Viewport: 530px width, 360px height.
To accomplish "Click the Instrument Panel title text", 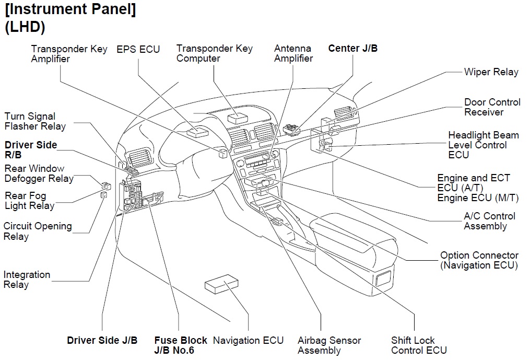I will [x=70, y=10].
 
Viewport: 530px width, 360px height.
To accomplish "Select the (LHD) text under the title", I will [x=25, y=27].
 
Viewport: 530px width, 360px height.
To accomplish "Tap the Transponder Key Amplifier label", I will [x=69, y=54].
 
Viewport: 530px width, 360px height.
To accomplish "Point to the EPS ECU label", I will [x=138, y=50].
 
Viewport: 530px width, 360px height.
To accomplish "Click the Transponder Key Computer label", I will [x=214, y=53].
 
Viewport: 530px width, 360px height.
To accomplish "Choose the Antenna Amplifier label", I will [x=293, y=53].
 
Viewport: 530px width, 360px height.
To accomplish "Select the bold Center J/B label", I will [x=352, y=49].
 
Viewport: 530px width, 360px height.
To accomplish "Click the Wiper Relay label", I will [x=491, y=72].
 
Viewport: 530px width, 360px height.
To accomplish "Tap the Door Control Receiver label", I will [x=492, y=107].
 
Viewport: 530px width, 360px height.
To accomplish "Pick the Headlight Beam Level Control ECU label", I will [x=483, y=145].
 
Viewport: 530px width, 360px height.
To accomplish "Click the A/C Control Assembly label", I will [x=489, y=221].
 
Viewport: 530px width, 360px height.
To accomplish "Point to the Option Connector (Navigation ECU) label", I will [x=479, y=260].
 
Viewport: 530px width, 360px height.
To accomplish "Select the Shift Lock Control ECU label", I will [x=419, y=345].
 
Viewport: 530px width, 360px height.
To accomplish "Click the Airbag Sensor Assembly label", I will [x=329, y=345].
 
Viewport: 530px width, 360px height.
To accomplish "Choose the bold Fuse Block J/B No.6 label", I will [x=181, y=345].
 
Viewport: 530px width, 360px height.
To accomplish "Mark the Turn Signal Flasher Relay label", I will [x=35, y=121].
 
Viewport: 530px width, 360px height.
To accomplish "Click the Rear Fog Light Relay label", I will [x=29, y=201].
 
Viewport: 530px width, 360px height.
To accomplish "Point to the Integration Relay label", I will [x=27, y=280].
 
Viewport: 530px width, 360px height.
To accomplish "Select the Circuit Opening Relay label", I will [x=38, y=231].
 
